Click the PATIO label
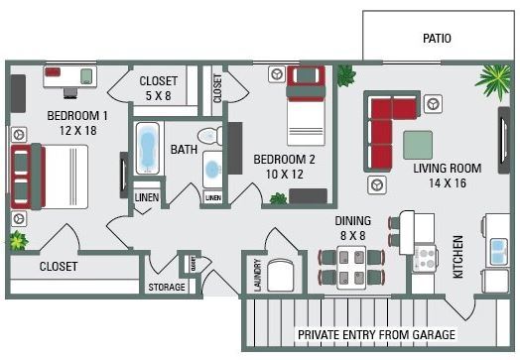tap(436, 40)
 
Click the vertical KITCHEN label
tap(458, 257)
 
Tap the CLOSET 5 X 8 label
tap(159, 88)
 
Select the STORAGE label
tap(167, 288)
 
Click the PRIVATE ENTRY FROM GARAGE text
tap(376, 334)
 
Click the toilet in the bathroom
tap(208, 136)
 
